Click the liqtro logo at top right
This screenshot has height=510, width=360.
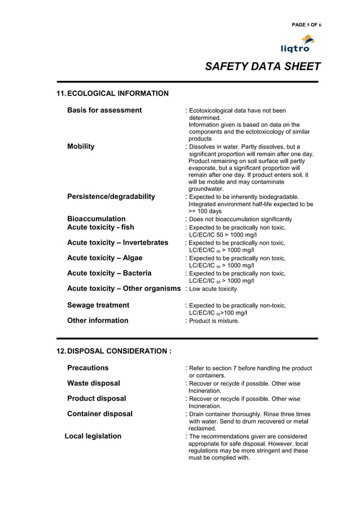pos(298,43)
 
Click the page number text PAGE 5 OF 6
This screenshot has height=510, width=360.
pos(306,25)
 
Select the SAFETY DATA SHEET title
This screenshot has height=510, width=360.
pos(262,67)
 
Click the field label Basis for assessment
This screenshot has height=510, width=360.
pos(104,110)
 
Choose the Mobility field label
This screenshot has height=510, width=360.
pos(81,146)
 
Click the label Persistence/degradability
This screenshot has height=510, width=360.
pos(111,197)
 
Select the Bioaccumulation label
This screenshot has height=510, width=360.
pos(96,219)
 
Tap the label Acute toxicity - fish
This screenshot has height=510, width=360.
pos(100,227)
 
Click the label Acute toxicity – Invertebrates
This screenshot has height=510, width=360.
pos(117,242)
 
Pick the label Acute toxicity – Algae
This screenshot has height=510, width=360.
pos(104,258)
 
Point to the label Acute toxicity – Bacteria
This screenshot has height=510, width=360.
pos(109,273)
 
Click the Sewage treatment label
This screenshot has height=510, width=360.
pos(98,305)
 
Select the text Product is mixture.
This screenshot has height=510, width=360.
pos(214,321)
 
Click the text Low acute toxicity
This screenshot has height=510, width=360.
pos(213,289)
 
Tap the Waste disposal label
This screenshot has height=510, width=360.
pos(94,383)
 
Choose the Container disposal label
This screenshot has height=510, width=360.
pos(100,413)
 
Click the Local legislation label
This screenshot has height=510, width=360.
pos(93,436)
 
